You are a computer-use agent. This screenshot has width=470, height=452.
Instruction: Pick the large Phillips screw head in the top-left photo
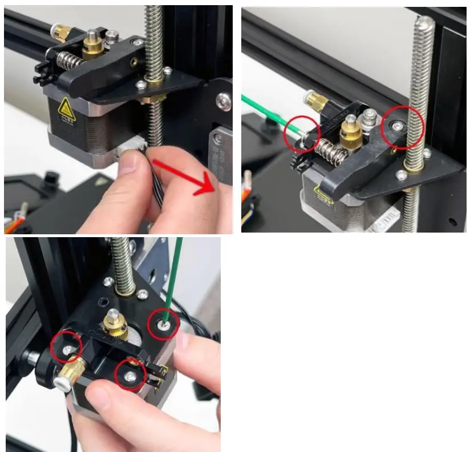tap(224, 102)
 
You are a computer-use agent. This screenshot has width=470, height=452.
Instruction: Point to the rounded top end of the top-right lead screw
tap(424, 24)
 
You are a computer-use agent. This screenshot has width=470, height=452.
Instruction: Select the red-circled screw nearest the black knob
tap(67, 348)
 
